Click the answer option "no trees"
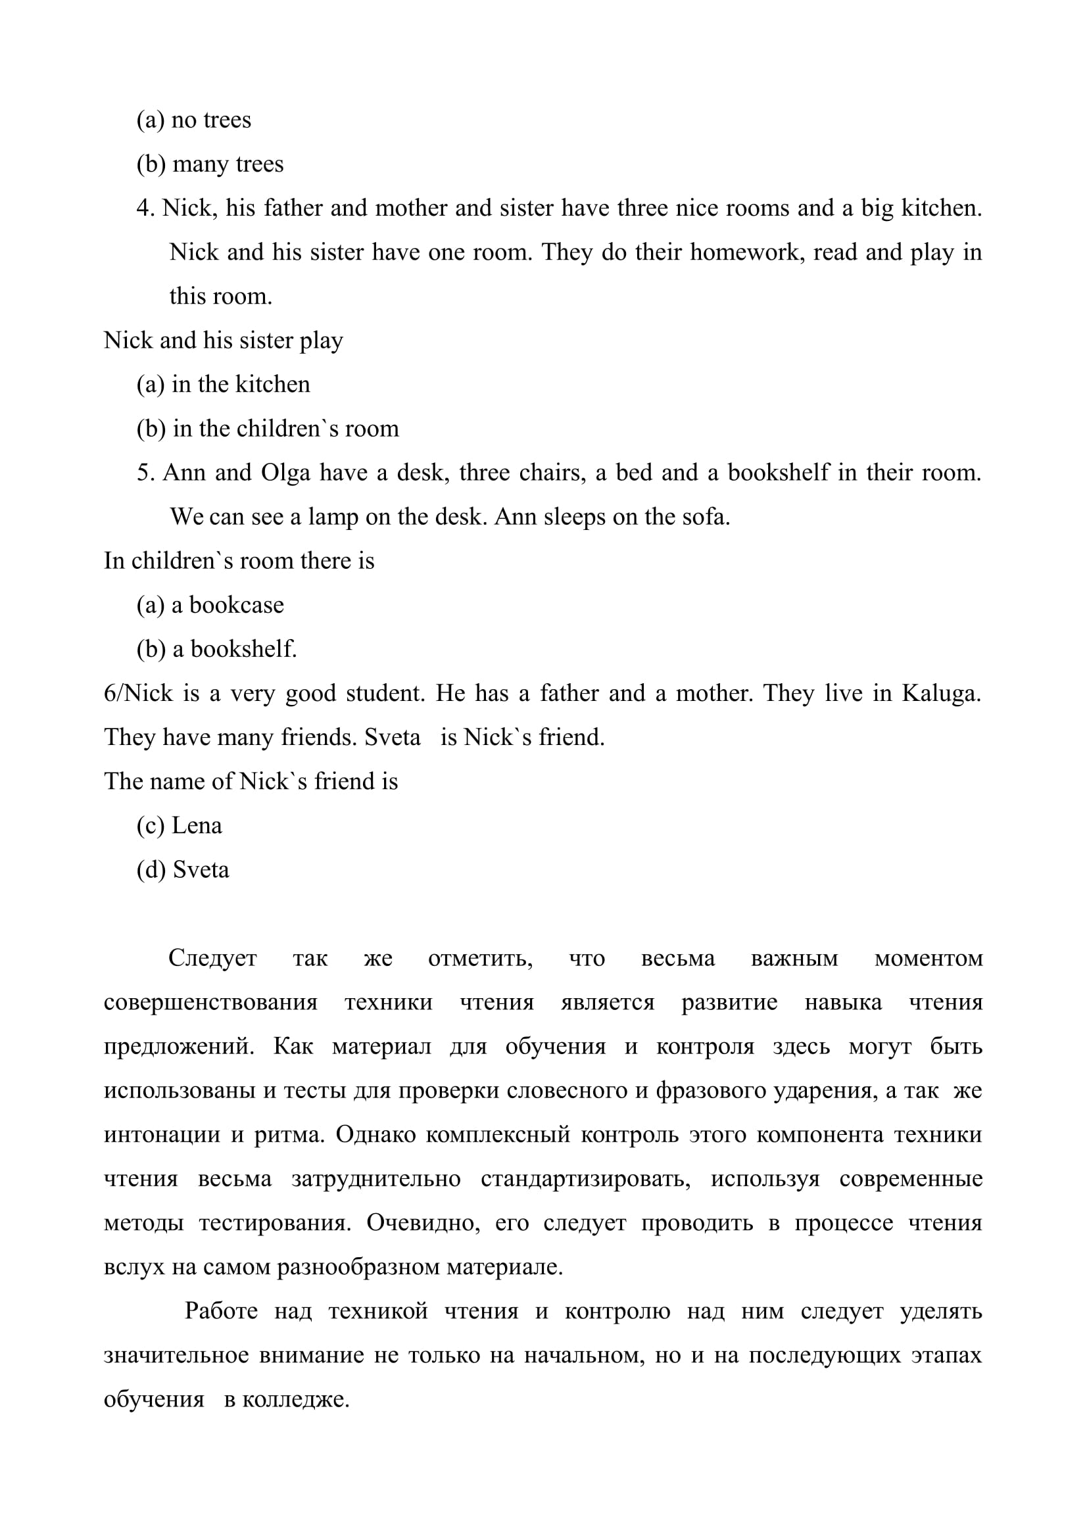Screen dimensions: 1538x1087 (x=193, y=120)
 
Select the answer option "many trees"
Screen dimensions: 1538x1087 (x=210, y=164)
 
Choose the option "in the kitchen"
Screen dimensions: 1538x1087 (x=223, y=385)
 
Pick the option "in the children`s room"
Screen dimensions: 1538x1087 (x=267, y=429)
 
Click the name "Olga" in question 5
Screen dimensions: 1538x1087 (x=286, y=473)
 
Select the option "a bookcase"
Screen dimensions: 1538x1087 (x=210, y=605)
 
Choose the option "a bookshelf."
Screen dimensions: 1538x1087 (x=216, y=649)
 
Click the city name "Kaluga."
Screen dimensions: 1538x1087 (x=941, y=693)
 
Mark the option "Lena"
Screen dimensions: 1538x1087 (x=180, y=825)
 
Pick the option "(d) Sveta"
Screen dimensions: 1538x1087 (x=183, y=869)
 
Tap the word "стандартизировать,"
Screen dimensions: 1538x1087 (x=585, y=1178)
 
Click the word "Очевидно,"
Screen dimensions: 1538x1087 (x=423, y=1222)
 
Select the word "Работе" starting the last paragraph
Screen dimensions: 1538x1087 (x=221, y=1311)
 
